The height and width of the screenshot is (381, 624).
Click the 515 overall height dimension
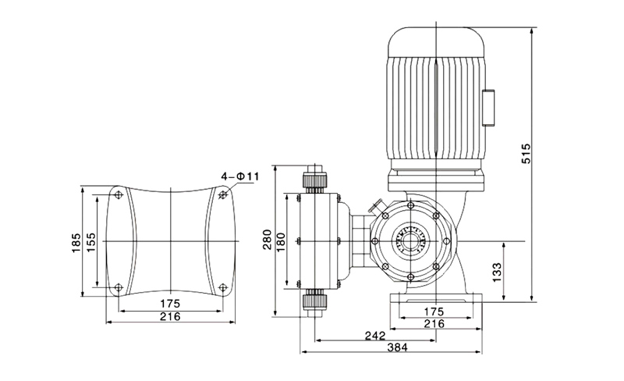click(526, 153)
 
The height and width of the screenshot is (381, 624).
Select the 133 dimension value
click(498, 272)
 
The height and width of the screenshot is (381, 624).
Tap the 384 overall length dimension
click(398, 347)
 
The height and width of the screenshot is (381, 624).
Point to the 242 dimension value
click(375, 336)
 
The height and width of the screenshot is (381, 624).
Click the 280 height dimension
click(267, 239)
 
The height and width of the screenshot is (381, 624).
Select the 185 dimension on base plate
click(76, 242)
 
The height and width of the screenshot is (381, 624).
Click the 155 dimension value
click(90, 242)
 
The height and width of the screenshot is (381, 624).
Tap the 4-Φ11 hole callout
click(240, 176)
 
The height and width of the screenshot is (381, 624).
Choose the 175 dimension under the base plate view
click(170, 304)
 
